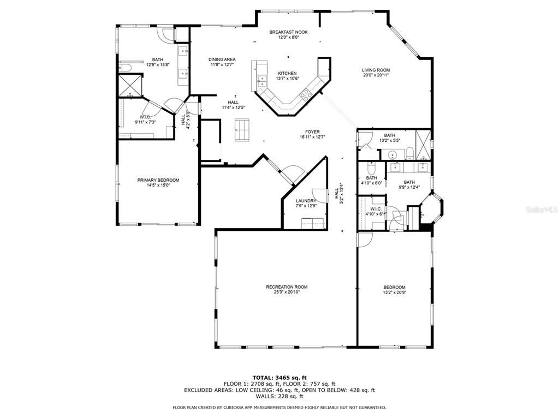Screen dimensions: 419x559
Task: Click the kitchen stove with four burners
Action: [x=305, y=95]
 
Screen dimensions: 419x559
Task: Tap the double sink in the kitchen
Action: [x=263, y=81]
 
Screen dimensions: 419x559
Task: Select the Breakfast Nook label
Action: [x=288, y=32]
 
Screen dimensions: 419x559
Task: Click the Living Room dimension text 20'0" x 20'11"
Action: [x=376, y=75]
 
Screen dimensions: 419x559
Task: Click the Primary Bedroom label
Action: [x=158, y=180]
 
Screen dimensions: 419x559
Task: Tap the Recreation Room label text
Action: [x=287, y=287]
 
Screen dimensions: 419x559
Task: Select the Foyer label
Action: [x=312, y=132]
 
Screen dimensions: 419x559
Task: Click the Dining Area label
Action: [x=222, y=59]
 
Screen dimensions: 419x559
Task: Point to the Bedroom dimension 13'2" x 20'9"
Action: [x=394, y=292]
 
